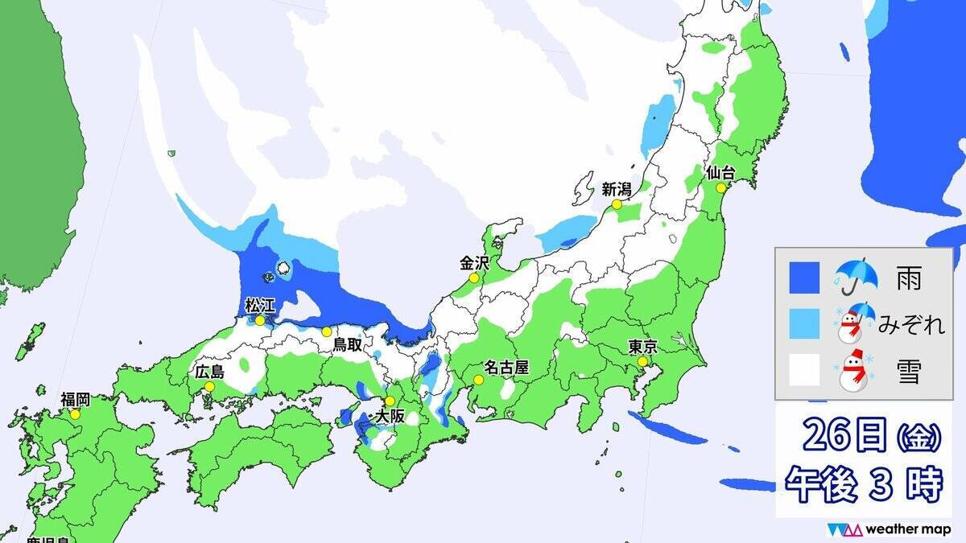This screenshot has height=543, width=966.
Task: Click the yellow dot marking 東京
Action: [642, 362]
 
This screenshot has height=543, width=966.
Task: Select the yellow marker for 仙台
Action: [720, 187]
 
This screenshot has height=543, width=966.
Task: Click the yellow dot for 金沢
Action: [474, 278]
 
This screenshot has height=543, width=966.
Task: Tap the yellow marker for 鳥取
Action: [327, 331]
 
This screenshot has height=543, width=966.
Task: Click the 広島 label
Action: [210, 372]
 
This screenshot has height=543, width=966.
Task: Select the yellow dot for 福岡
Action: [75, 414]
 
